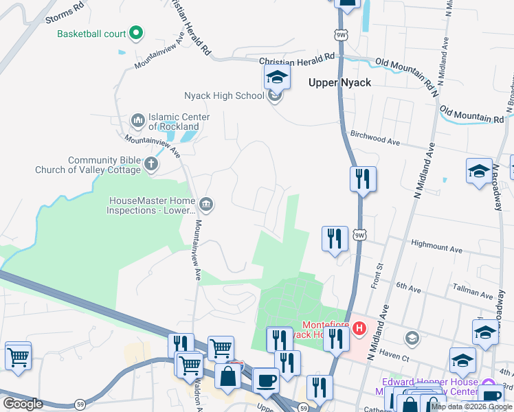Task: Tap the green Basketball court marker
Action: pos(136,32)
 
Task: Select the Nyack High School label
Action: pos(224,95)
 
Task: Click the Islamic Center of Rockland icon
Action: pos(138,121)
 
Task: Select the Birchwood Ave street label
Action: pos(375,138)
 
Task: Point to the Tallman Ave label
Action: pos(474,291)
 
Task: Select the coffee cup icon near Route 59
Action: pos(265,380)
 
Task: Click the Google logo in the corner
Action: pos(23,404)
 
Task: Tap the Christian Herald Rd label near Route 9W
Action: pos(296,62)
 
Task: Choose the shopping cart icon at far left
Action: pos(18,355)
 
